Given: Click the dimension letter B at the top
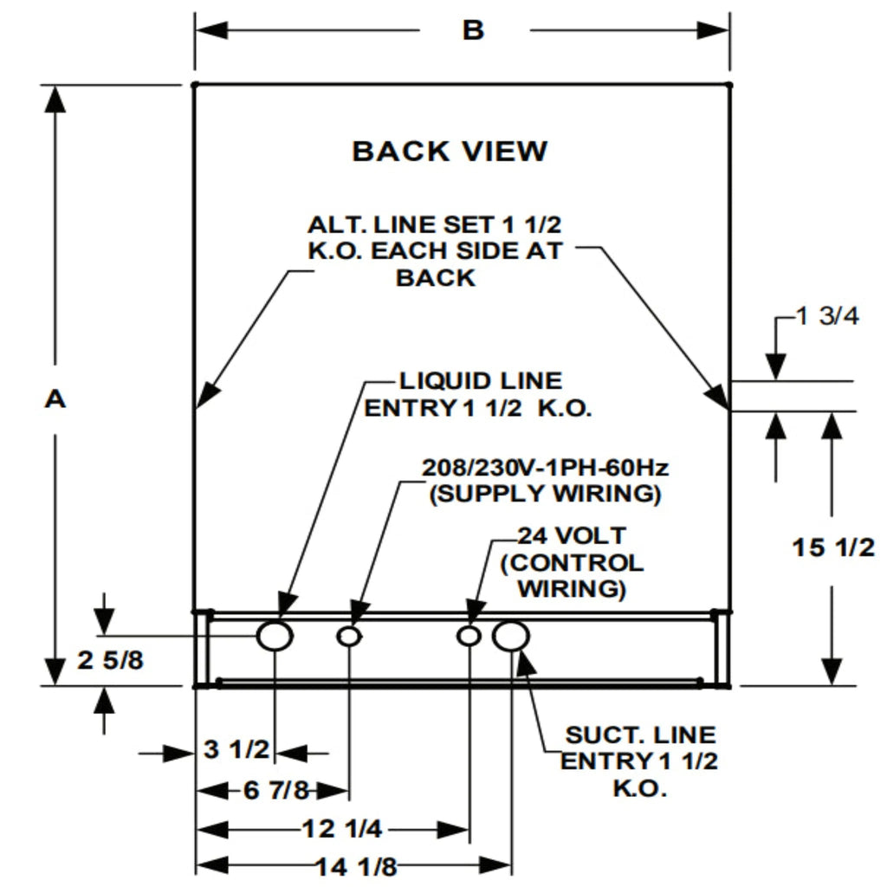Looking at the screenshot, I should pos(473,30).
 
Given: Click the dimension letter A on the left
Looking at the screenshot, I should pos(55,399).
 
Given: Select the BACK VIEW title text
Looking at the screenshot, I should pos(450,152).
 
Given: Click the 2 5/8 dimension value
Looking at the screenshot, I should pos(111,661).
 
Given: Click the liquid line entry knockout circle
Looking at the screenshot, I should pos(275,636).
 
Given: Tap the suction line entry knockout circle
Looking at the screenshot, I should pos(511,636).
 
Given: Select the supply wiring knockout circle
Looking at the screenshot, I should pos(349,637).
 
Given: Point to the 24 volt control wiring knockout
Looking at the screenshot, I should pos(469,637).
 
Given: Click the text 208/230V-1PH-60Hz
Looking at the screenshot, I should pos(545,468).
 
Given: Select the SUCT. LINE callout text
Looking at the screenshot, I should pos(640,735).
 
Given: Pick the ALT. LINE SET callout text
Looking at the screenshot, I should pos(435,225).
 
